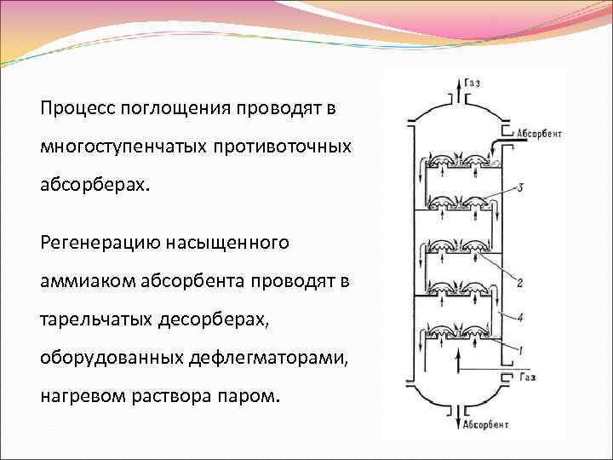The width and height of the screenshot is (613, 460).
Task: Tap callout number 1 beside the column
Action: point(519,350)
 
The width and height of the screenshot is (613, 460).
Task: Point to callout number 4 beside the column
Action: point(519,317)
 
